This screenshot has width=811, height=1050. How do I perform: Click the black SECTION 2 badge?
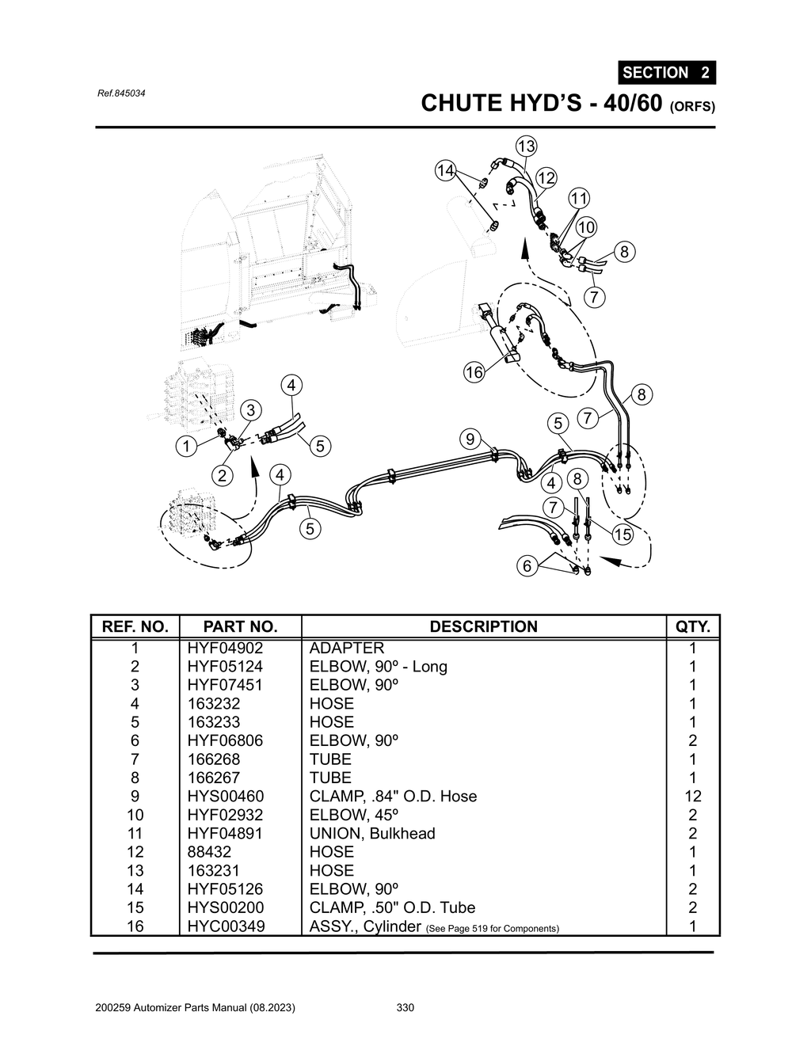(666, 72)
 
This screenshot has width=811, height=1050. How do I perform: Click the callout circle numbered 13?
(526, 146)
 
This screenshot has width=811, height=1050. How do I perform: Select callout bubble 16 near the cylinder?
(474, 373)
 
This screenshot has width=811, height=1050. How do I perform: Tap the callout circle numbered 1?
(186, 447)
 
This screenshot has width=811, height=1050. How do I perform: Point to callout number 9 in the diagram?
(470, 439)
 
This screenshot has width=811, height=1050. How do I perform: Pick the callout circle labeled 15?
(623, 535)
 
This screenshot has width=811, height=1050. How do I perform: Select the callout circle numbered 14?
(446, 170)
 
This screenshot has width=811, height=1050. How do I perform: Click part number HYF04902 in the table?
(225, 648)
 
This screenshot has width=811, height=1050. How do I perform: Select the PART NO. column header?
(240, 626)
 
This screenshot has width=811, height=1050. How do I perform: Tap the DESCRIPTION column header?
(483, 626)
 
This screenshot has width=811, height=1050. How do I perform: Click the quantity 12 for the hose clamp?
(692, 796)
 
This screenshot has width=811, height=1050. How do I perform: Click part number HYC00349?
(226, 926)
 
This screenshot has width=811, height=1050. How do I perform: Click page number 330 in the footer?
(405, 1007)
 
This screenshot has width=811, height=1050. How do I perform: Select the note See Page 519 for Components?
(492, 928)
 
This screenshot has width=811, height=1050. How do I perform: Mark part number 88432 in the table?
(210, 851)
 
